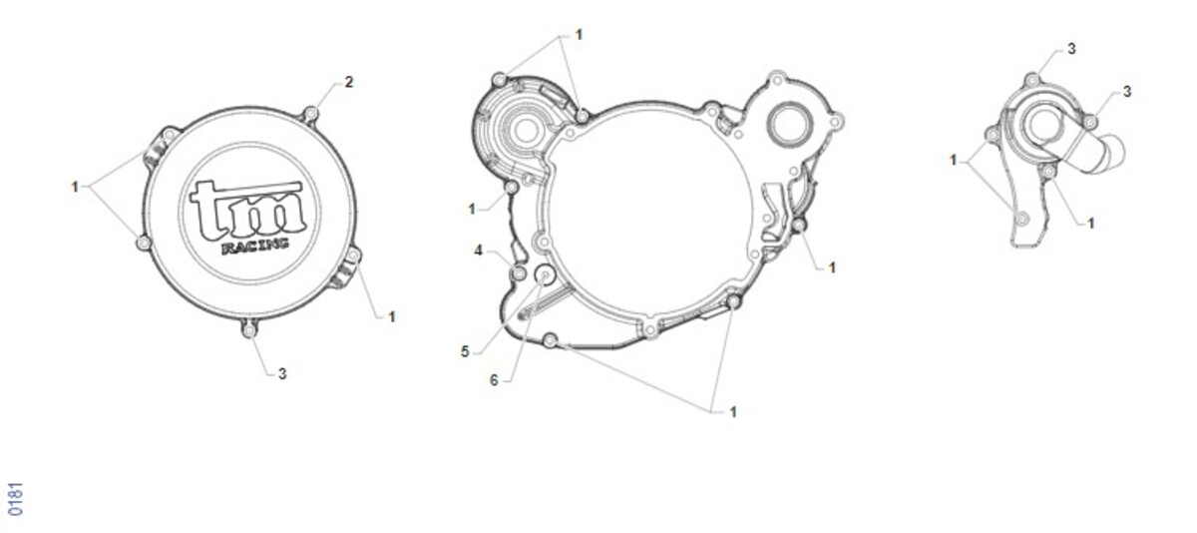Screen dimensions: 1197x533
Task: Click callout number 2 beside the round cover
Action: click(349, 82)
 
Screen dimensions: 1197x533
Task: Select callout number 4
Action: click(478, 251)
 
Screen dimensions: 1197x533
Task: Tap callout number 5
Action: click(465, 351)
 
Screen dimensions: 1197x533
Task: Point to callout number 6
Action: click(494, 380)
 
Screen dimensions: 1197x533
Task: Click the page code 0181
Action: click(16, 499)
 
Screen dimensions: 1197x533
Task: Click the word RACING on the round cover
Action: click(255, 246)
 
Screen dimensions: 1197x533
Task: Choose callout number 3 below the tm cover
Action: click(282, 374)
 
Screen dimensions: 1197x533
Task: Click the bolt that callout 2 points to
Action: click(310, 114)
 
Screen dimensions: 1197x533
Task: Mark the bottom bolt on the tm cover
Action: click(249, 331)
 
